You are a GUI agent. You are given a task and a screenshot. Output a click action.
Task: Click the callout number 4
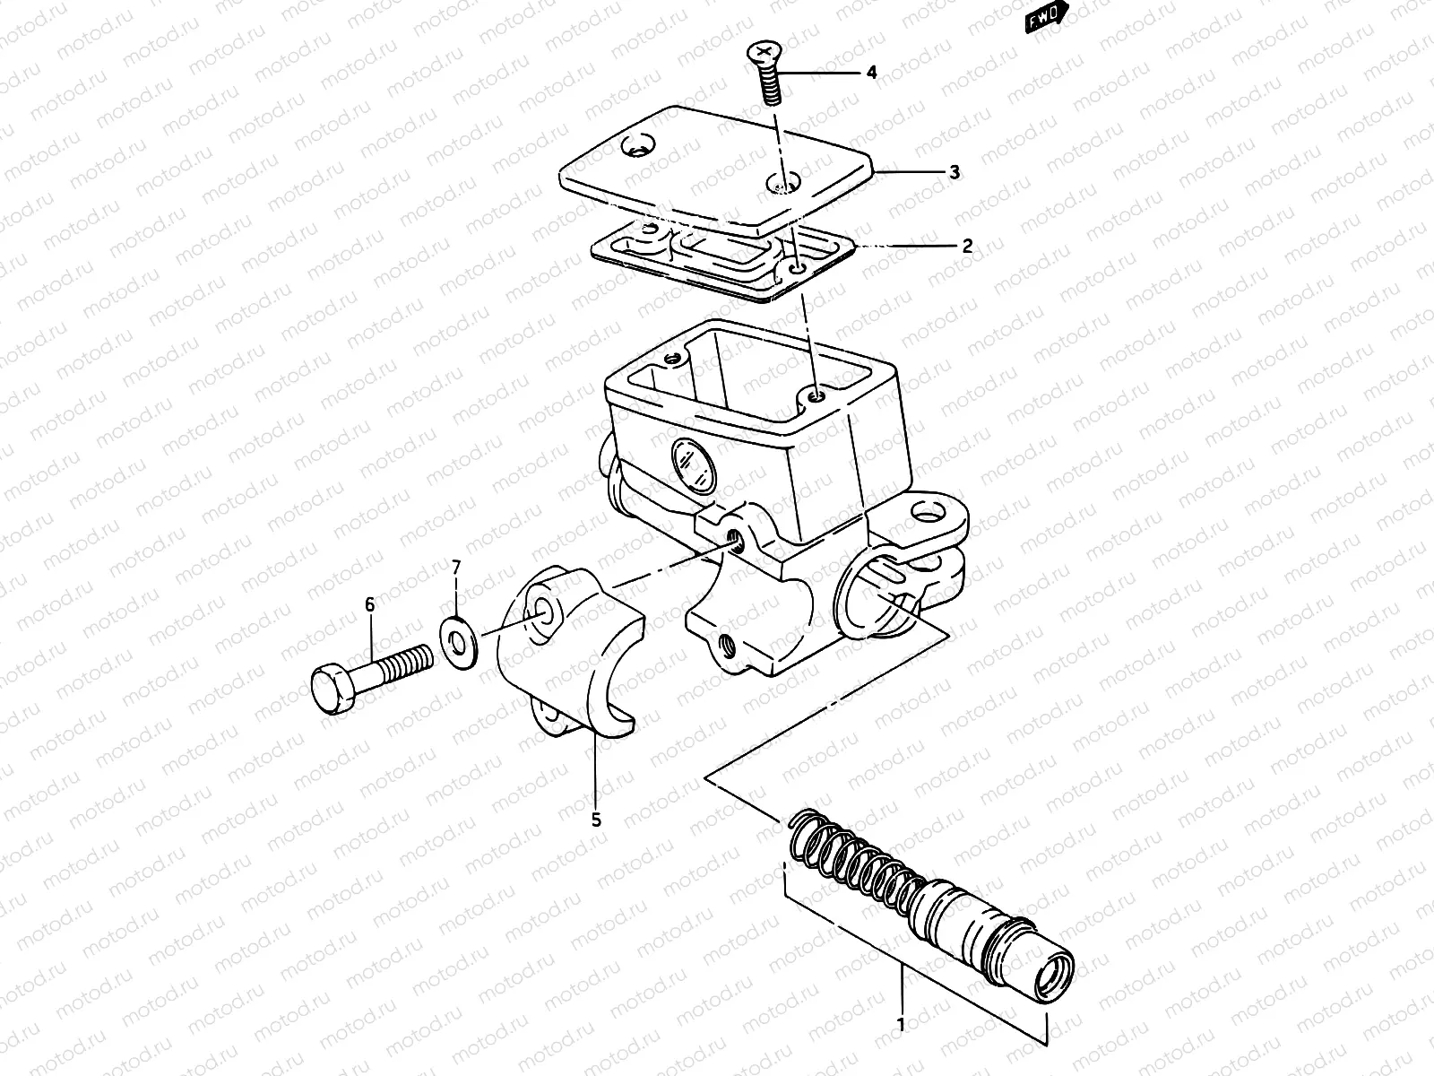coord(871,73)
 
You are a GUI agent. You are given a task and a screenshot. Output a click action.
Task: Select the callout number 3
coord(955,171)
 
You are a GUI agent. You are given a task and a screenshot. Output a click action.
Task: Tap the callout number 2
coord(967,246)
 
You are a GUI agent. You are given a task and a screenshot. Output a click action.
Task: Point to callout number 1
coord(901,1023)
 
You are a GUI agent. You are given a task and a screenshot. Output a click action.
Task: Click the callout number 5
coord(596,819)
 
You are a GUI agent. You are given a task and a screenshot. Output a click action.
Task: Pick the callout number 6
coord(370,606)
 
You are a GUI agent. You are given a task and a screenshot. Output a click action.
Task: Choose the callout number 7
coord(456,567)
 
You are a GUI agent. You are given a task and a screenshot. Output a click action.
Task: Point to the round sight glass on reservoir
coord(692,464)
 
